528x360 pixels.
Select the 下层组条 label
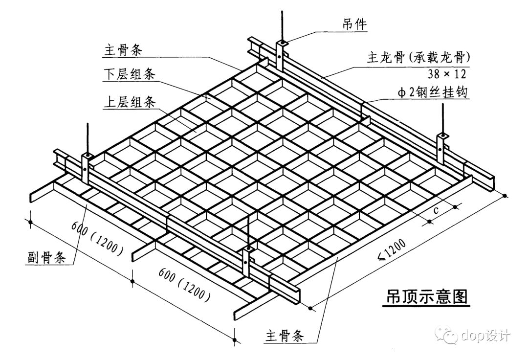pos(130,74)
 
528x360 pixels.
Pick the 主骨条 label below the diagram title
pos(285,336)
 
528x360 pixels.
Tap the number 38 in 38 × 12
pos(434,74)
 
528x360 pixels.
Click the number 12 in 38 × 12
pos(459,74)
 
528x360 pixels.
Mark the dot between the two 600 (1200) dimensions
pos(132,280)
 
